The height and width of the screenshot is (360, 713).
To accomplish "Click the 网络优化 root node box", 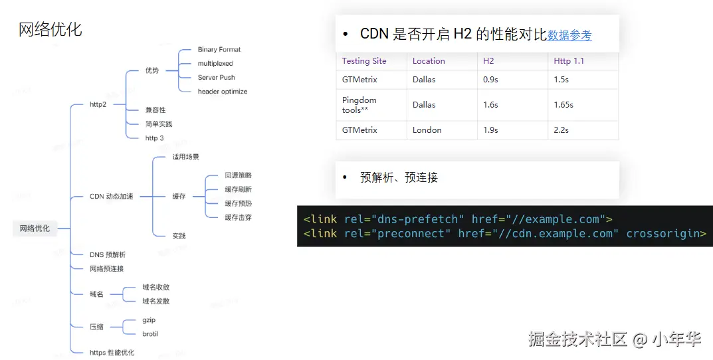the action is (35, 228).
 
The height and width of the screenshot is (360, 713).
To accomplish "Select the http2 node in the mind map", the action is (98, 104).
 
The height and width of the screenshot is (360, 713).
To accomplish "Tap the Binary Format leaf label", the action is (219, 49).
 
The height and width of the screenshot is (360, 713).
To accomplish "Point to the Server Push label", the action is (216, 77).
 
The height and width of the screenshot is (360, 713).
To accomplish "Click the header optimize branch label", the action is (223, 92).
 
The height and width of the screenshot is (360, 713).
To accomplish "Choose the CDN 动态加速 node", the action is (112, 197).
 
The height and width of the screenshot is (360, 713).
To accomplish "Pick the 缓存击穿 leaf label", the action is (239, 217).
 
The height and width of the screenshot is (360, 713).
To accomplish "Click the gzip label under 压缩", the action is (149, 320).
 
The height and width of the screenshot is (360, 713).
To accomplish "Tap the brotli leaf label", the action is (150, 333).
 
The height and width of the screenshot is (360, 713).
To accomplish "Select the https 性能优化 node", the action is (112, 352).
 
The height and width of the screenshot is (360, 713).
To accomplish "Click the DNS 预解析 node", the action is (107, 254).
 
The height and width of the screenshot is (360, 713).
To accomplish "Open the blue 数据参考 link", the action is (569, 35).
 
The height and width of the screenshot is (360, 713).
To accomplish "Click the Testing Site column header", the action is (364, 61).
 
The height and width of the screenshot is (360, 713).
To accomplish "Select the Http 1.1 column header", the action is (569, 61).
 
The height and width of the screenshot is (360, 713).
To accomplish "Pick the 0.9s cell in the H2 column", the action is (490, 80).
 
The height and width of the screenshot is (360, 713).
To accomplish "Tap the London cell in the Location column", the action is (427, 130).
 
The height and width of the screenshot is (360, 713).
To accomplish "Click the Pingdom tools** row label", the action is (359, 105).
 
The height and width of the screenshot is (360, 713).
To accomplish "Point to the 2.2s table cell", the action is (561, 130).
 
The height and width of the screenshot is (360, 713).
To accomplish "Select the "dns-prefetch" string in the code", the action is (417, 219).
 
